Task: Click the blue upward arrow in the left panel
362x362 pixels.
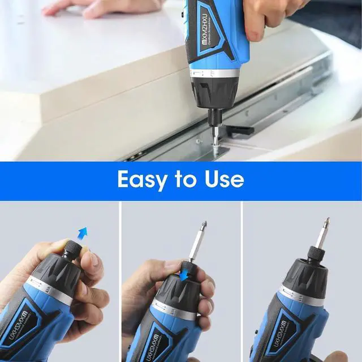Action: tap(83, 232)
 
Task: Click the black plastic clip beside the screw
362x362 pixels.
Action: tap(240, 130)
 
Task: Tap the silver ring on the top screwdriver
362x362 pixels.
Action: tap(218, 72)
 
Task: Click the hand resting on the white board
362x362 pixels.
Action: tap(96, 7)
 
